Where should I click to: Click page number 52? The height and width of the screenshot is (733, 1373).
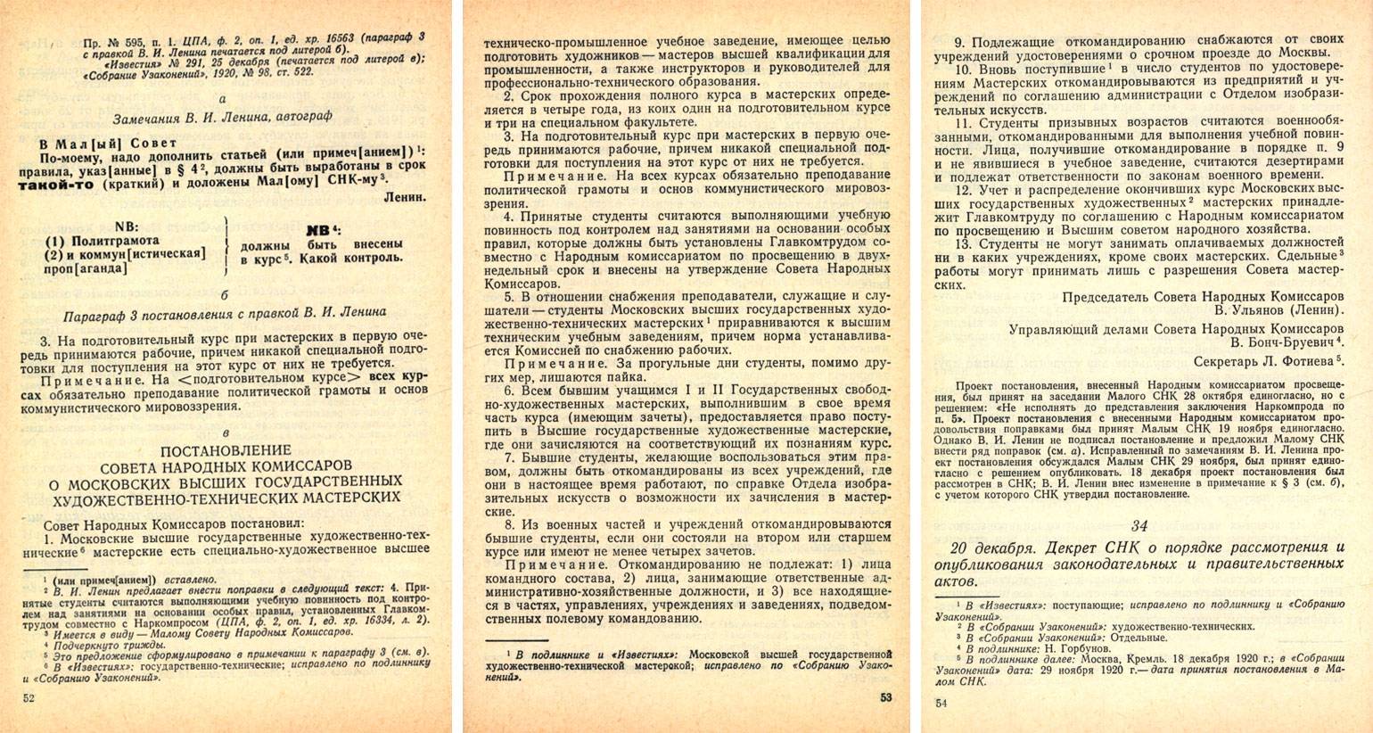pos(29,699)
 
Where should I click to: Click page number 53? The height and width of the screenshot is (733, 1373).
pos(885,698)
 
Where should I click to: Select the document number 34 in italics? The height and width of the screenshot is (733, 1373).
pos(1140,525)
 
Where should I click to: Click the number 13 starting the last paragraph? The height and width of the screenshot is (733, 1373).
pos(962,243)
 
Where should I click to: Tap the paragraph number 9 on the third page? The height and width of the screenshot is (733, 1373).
pos(958,42)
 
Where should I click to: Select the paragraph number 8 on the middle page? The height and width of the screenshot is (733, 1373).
pos(507,524)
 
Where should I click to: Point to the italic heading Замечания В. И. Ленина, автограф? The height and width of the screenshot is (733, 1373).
pos(227,118)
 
